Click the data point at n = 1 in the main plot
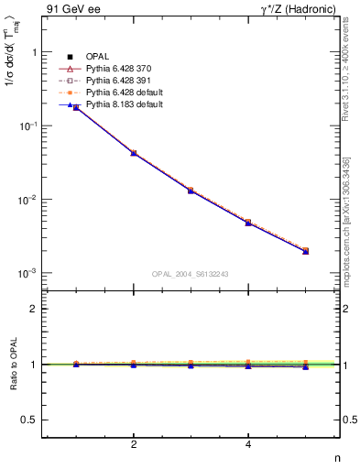tap(76, 107)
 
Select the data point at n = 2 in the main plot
tap(134, 153)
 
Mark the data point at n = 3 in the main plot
tap(191, 191)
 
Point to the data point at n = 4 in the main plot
tap(248, 223)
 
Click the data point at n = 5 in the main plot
tap(306, 250)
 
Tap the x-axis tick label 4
tap(248, 445)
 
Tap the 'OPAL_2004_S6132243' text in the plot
tap(191, 274)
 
